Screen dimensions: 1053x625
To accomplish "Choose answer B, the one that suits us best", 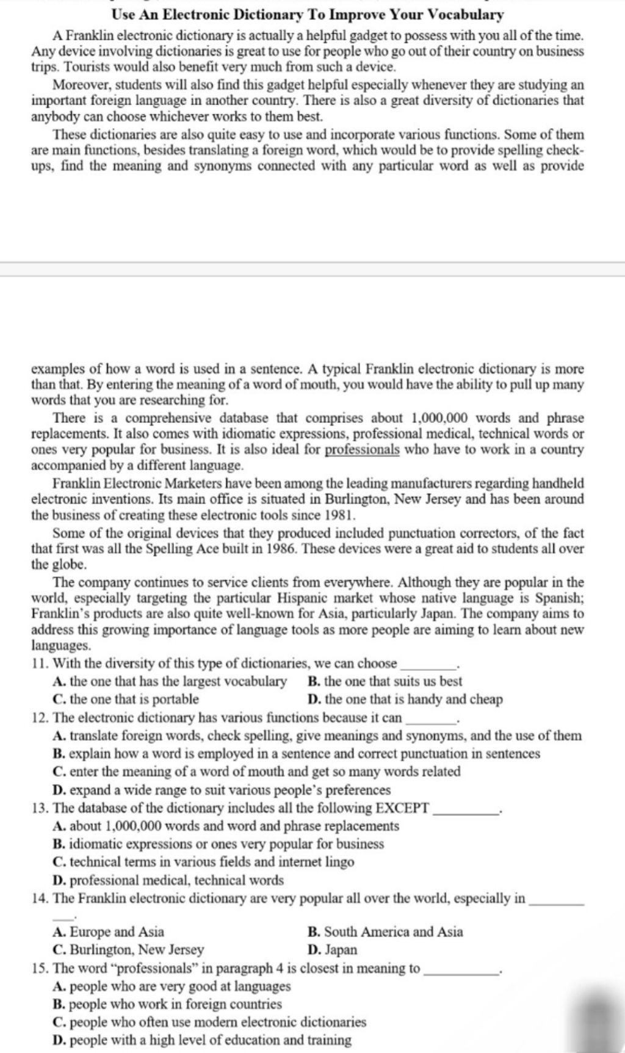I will (385, 682).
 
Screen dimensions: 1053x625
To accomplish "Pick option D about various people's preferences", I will (222, 791).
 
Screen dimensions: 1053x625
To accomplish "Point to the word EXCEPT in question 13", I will (402, 809).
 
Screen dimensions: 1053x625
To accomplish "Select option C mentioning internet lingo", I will (203, 863).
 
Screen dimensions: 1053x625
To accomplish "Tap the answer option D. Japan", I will (333, 950).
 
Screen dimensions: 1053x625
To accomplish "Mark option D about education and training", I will (202, 1040).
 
